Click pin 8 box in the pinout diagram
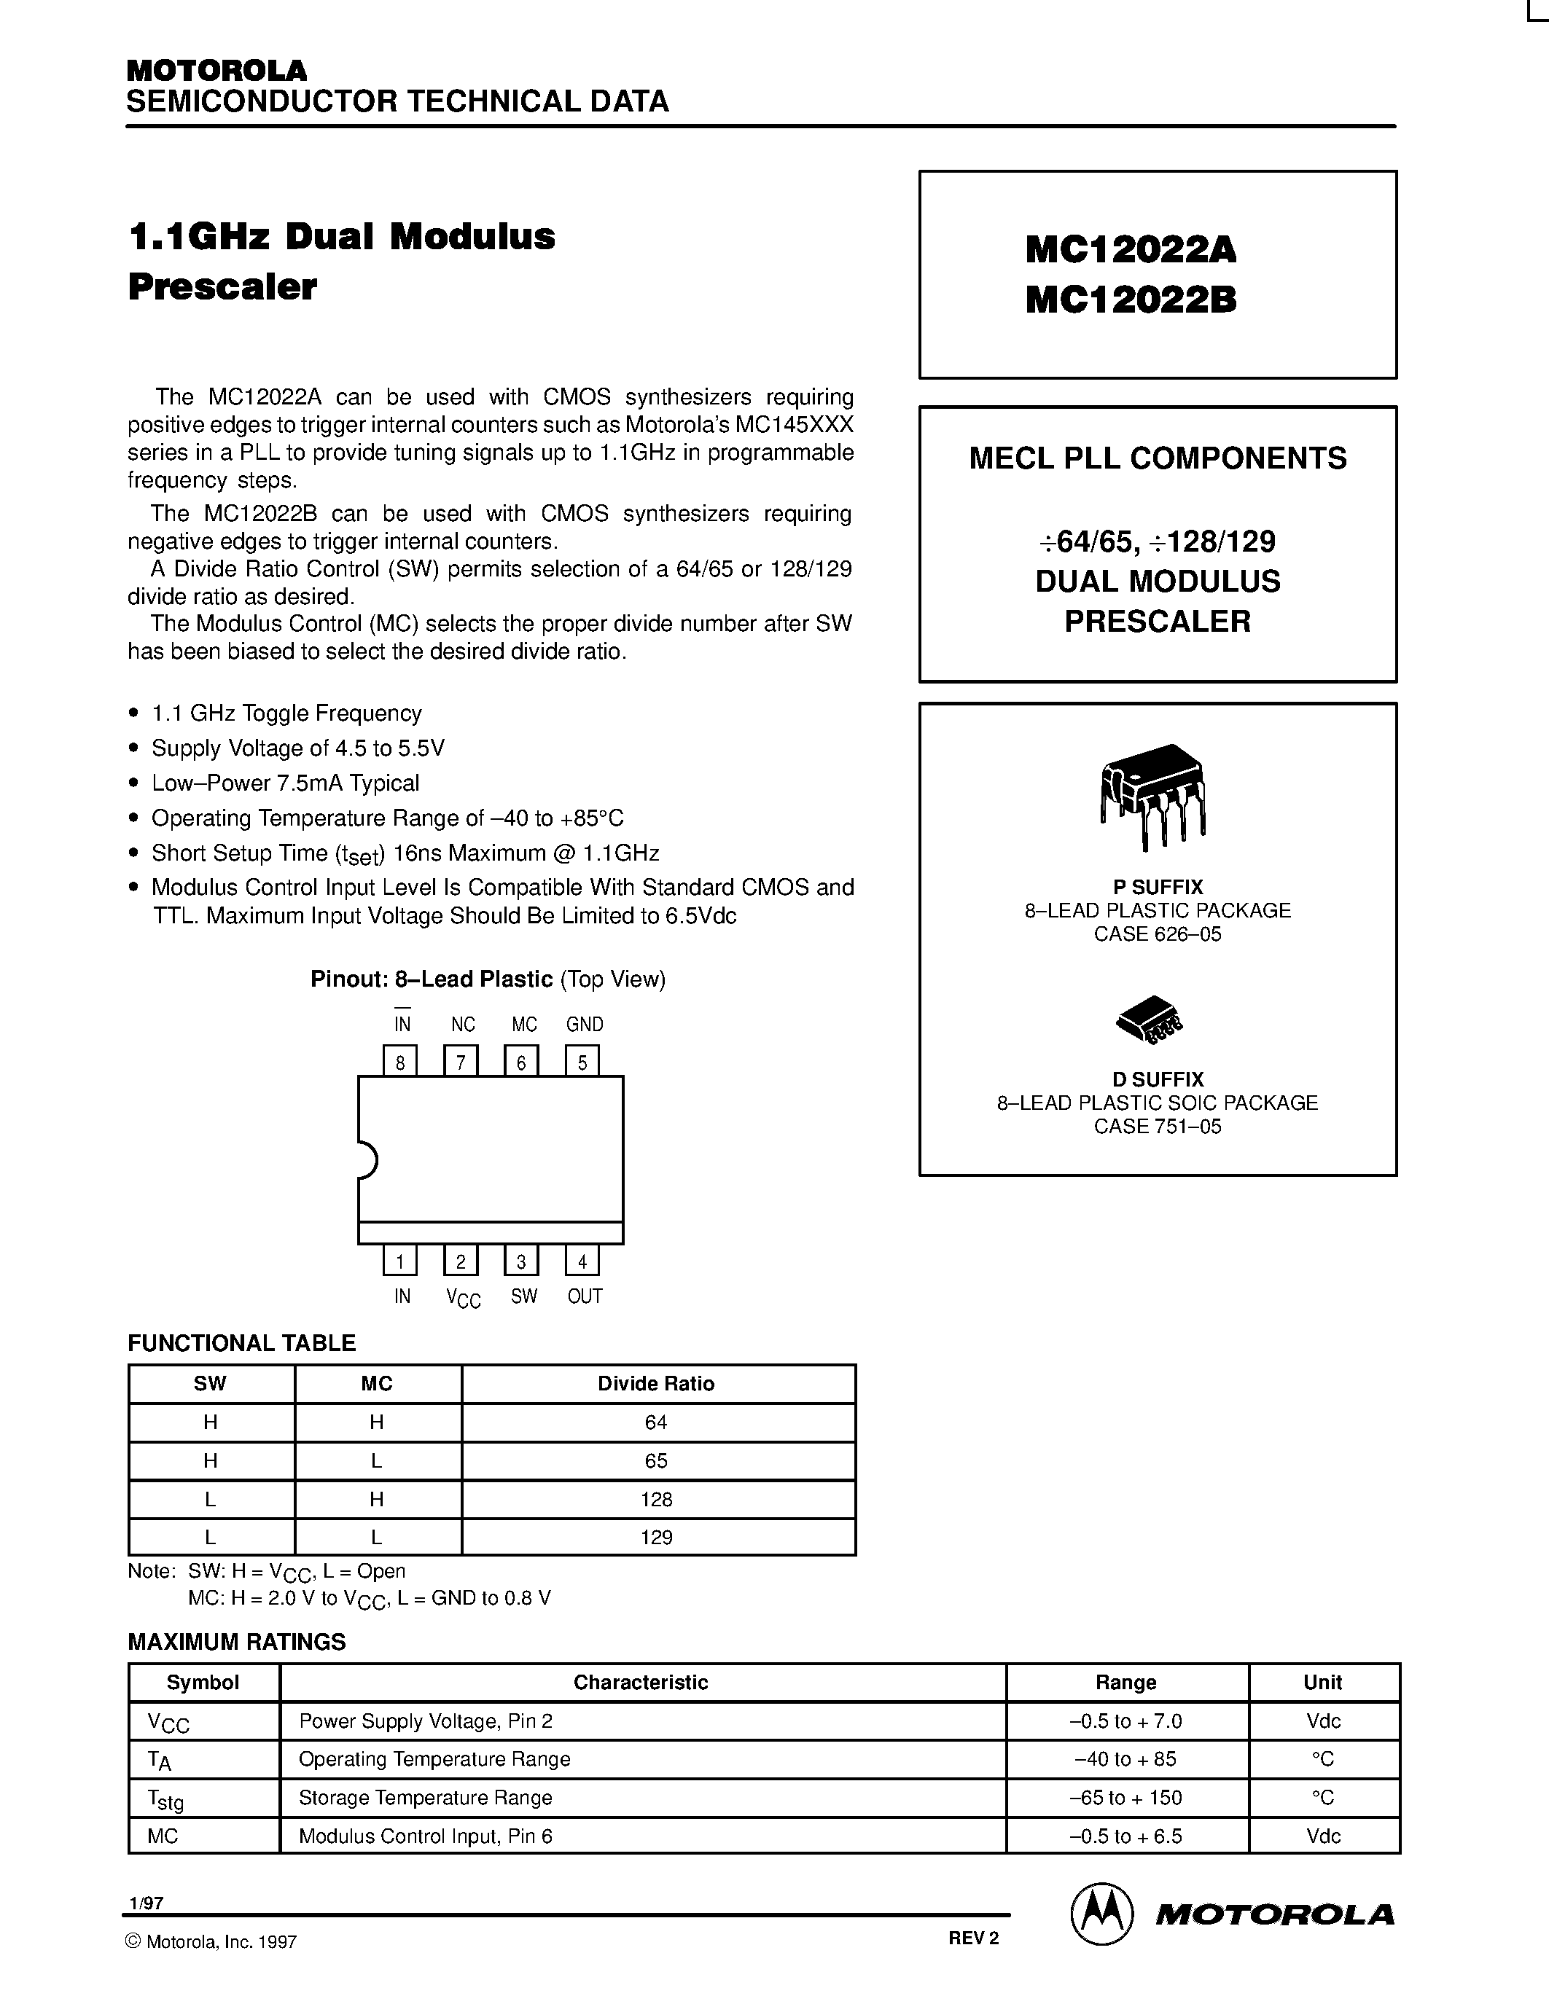click(400, 1061)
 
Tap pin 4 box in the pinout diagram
click(582, 1260)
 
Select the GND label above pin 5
click(585, 1024)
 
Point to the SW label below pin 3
click(524, 1296)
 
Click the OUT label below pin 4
click(585, 1296)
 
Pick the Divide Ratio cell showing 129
click(657, 1537)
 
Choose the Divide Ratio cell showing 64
click(657, 1421)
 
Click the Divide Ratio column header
click(656, 1383)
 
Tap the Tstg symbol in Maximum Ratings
click(166, 1798)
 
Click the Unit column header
click(1322, 1682)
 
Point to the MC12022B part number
click(1131, 300)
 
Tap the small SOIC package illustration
click(1149, 1019)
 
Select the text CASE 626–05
click(1157, 934)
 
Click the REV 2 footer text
click(972, 1938)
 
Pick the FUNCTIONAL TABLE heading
click(241, 1342)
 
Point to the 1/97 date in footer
click(147, 1903)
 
